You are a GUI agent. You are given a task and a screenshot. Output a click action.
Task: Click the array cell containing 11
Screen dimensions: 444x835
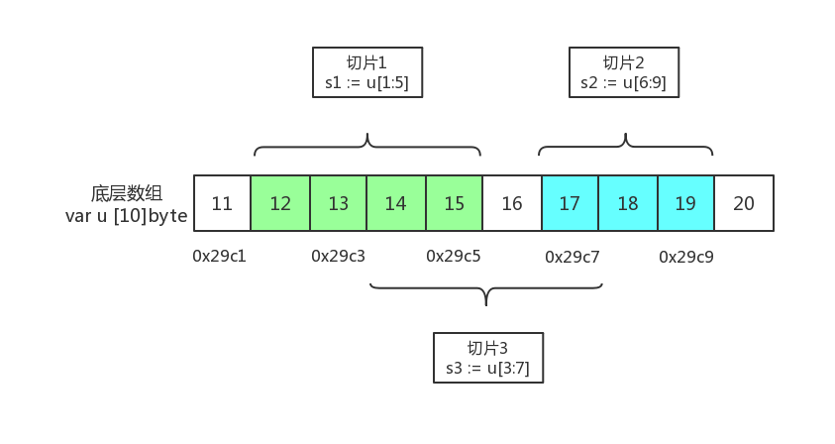[222, 203]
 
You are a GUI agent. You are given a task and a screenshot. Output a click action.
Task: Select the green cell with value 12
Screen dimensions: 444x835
[280, 203]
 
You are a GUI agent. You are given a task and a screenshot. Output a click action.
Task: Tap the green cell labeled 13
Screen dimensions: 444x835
[338, 203]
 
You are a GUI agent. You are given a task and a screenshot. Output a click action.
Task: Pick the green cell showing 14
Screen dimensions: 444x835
[395, 203]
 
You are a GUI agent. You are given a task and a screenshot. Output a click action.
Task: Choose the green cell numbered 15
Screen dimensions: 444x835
[454, 203]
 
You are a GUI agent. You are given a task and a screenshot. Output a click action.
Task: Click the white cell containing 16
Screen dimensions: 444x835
[512, 203]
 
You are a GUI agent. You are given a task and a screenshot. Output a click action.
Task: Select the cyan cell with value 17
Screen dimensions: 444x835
[570, 203]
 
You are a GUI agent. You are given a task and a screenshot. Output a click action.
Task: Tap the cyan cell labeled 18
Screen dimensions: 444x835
[627, 203]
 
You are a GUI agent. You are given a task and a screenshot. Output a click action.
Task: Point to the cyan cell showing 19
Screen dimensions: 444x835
[685, 203]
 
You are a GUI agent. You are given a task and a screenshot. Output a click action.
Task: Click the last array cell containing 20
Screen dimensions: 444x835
[743, 203]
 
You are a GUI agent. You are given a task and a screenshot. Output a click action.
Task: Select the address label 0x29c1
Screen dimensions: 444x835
[219, 256]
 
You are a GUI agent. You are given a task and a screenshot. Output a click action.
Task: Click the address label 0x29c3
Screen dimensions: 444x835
[338, 256]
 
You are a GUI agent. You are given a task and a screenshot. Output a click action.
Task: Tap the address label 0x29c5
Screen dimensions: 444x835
[454, 256]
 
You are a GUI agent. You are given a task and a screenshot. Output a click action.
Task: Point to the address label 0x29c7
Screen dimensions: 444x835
[572, 257]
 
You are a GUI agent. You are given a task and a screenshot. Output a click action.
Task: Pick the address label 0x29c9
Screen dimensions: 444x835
[686, 257]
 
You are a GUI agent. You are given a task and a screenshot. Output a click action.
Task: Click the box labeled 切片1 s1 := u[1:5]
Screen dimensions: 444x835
[367, 72]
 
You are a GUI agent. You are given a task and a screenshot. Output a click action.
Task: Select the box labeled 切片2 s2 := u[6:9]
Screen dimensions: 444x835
[624, 72]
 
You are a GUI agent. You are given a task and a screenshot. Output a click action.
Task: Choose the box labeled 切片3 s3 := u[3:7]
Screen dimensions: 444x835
[488, 357]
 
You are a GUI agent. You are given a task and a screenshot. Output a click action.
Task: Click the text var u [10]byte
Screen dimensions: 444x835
[126, 215]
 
